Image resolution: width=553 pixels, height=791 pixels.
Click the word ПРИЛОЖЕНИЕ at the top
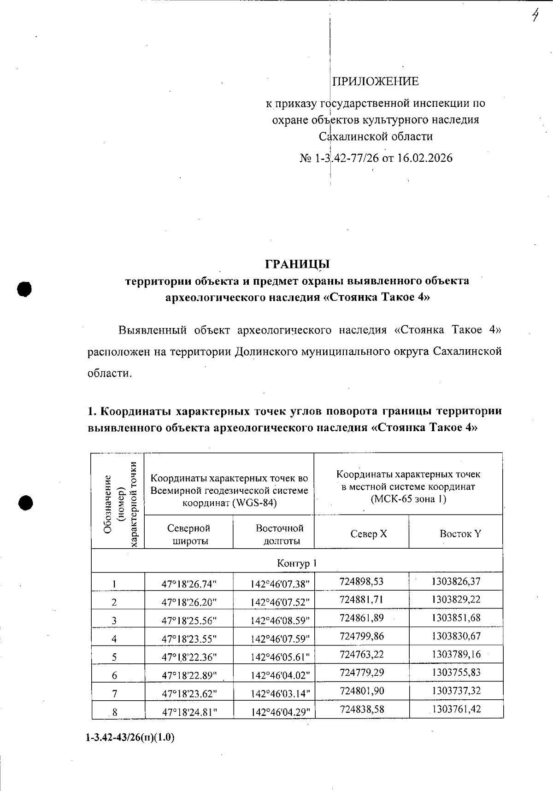[x=376, y=82]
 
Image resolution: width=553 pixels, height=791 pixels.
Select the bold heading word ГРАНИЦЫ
[x=297, y=264]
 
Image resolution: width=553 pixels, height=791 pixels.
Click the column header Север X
[x=369, y=534]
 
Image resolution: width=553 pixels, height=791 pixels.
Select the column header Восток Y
[x=460, y=534]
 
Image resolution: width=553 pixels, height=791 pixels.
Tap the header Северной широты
[x=189, y=534]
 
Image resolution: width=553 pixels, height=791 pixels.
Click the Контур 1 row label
[x=297, y=563]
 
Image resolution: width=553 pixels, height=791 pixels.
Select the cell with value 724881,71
[x=361, y=600]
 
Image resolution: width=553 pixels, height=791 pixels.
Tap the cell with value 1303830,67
[x=456, y=636]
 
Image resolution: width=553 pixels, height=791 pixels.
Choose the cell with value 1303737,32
[x=456, y=691]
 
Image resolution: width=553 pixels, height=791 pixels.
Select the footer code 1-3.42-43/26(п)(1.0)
[x=130, y=737]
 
